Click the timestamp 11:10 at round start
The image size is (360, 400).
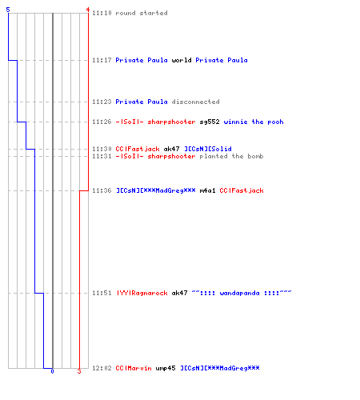click(102, 13)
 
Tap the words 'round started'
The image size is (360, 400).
click(142, 13)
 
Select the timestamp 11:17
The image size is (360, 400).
click(102, 60)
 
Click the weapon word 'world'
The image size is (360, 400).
click(182, 60)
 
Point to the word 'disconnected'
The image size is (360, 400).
click(195, 102)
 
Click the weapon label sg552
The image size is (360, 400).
click(210, 122)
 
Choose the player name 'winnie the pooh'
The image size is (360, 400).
click(254, 122)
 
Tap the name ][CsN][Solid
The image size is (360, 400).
click(208, 149)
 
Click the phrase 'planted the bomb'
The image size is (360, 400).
click(231, 156)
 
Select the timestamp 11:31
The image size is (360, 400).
click(102, 156)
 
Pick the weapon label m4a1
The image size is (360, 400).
click(207, 190)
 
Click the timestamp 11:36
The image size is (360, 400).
click(102, 190)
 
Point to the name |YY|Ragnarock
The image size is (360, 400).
click(142, 293)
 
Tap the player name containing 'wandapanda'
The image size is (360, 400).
click(242, 293)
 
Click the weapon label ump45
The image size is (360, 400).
click(166, 368)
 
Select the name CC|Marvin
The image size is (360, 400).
click(134, 368)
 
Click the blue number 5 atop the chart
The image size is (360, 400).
click(8, 10)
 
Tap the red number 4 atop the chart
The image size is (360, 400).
click(87, 10)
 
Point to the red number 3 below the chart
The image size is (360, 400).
click(79, 371)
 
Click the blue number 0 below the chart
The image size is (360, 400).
click(52, 371)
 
